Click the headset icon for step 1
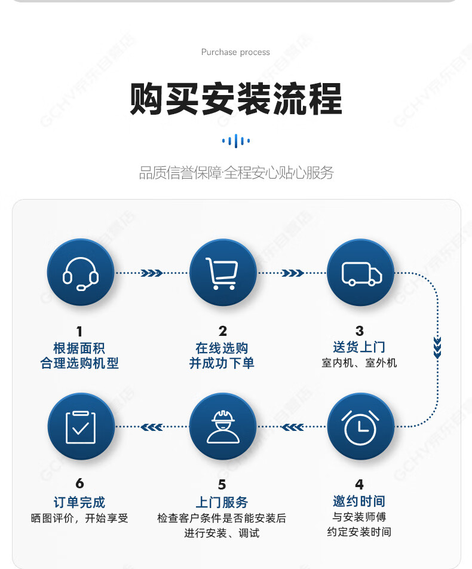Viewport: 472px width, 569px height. (x=80, y=274)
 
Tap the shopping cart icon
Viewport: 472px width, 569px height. (x=222, y=273)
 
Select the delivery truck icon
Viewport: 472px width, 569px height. (x=361, y=274)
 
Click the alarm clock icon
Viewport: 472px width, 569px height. (x=360, y=427)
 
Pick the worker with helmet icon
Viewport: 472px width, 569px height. (x=223, y=427)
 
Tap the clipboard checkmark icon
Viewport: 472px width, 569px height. (x=81, y=427)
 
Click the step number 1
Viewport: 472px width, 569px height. (x=79, y=331)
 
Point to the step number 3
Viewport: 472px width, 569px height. (x=360, y=331)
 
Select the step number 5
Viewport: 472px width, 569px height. (x=222, y=485)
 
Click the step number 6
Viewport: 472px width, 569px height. (x=80, y=484)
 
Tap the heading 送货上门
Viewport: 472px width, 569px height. (x=359, y=347)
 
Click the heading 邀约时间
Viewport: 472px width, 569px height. (x=359, y=501)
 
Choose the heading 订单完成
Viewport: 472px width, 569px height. (x=79, y=502)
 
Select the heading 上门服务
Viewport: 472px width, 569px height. (x=222, y=502)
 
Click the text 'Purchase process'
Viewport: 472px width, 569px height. (x=235, y=52)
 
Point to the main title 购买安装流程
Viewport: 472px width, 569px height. (x=236, y=99)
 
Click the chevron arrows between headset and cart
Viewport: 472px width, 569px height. (x=152, y=273)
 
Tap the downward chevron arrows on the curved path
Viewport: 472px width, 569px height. (x=437, y=348)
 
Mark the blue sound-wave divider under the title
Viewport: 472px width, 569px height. (x=236, y=141)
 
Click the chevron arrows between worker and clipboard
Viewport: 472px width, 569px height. (x=152, y=427)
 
